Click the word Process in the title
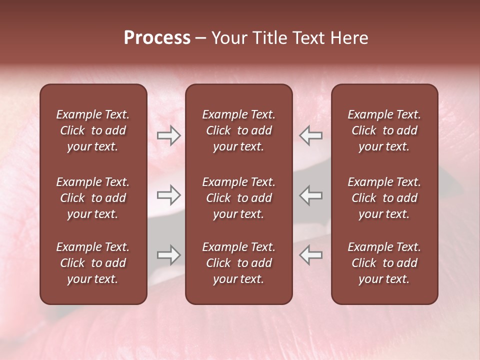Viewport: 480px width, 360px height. tap(157, 38)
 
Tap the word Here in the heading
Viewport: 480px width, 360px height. tap(349, 38)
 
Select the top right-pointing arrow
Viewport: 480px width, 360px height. tap(168, 135)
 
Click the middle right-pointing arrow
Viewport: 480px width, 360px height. tap(168, 195)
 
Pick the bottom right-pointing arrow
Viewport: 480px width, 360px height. tap(168, 255)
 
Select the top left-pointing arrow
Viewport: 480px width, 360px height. tap(311, 135)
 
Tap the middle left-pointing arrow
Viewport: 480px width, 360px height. tap(311, 195)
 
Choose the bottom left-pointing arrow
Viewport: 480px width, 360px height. tap(311, 255)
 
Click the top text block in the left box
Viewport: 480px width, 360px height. tap(93, 130)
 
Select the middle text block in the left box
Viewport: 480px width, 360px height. tap(93, 198)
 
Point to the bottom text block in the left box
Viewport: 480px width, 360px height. tap(93, 263)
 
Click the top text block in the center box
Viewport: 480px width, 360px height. tap(239, 130)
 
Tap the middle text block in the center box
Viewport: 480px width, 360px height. tap(239, 198)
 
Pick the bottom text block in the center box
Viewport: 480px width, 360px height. tap(239, 263)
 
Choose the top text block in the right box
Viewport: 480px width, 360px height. tap(384, 130)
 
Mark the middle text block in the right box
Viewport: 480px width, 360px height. tap(384, 198)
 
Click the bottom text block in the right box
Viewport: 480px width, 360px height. tap(384, 263)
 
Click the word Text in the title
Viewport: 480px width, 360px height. tap(306, 38)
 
